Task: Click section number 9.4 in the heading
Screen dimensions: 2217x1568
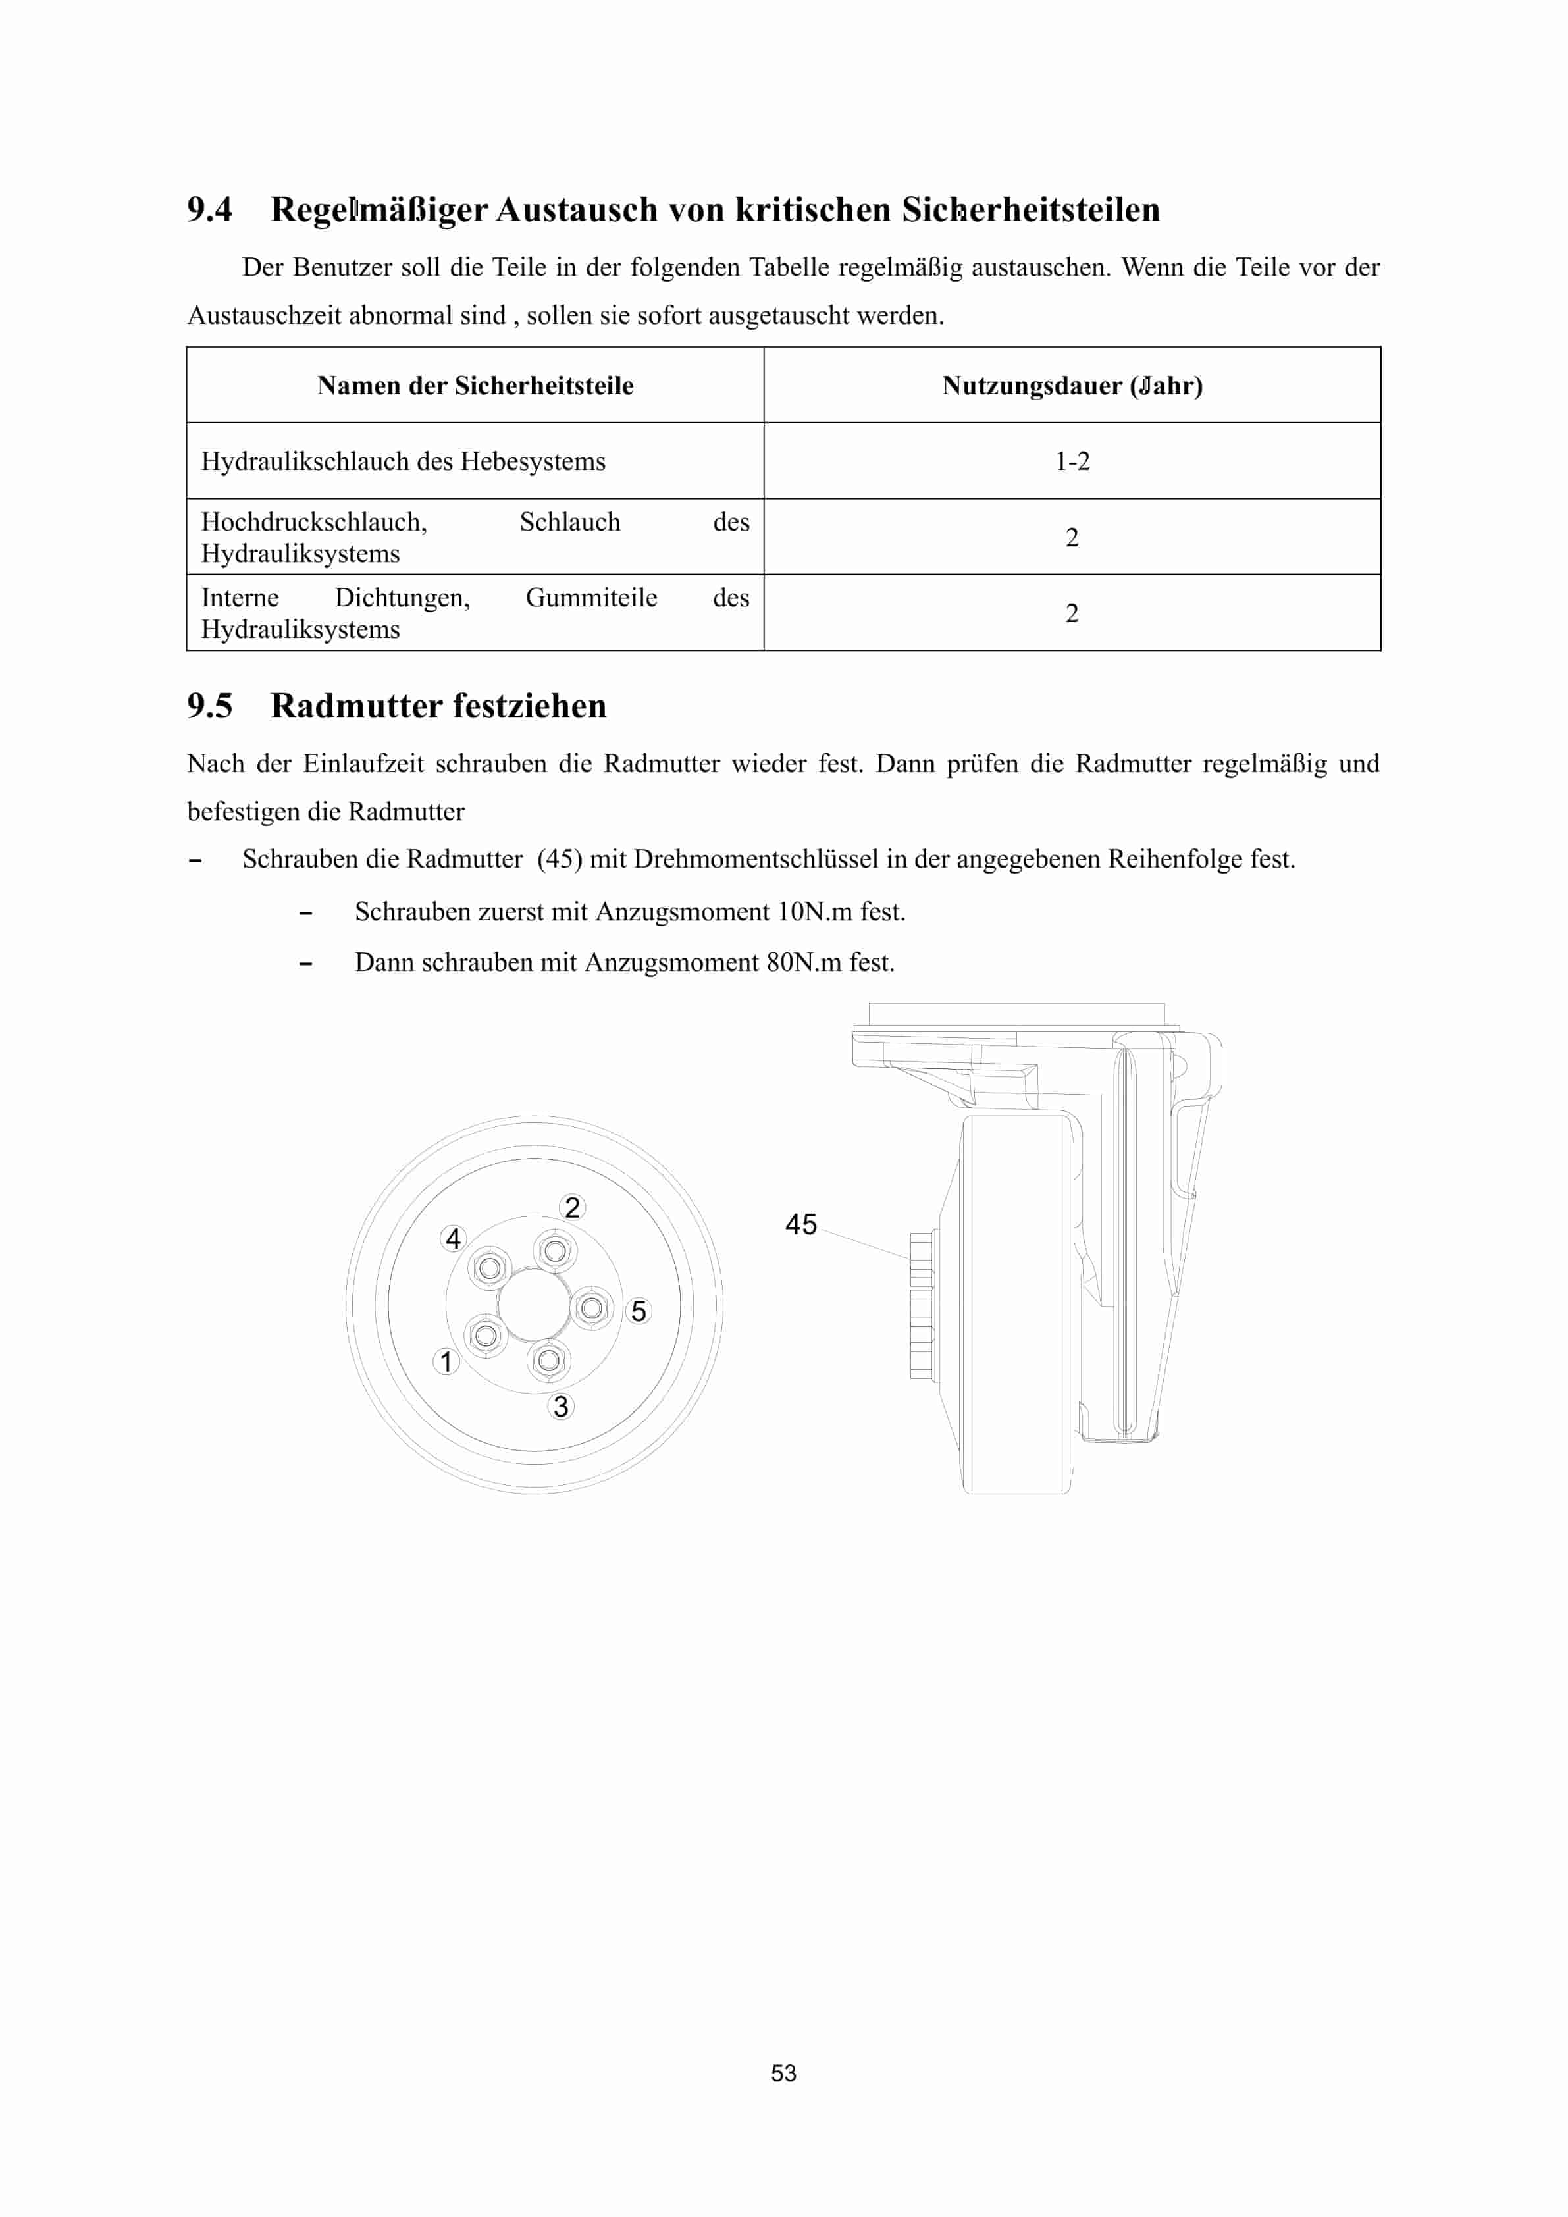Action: tap(209, 209)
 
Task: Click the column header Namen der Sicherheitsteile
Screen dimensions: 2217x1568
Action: tap(475, 385)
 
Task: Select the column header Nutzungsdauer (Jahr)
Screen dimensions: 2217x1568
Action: tap(1072, 385)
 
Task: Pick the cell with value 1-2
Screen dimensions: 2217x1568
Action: tap(1072, 461)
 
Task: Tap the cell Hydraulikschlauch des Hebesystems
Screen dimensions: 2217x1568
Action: tap(403, 461)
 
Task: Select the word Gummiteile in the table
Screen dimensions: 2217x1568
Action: tap(591, 598)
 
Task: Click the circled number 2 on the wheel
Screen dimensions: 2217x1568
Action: tap(573, 1207)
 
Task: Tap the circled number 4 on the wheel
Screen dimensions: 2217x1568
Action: tap(453, 1238)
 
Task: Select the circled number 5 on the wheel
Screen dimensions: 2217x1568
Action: tap(639, 1311)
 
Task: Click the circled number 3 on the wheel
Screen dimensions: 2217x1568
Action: tap(560, 1406)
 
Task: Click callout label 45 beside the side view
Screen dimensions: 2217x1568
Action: tap(800, 1224)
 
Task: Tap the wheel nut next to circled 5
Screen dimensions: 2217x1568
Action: tap(591, 1309)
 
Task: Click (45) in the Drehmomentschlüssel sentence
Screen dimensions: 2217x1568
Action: tap(560, 860)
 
